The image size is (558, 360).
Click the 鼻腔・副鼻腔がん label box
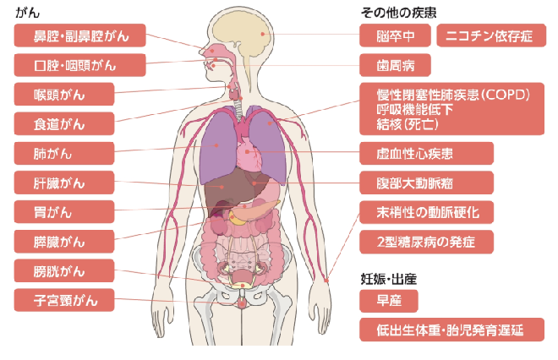(x=80, y=35)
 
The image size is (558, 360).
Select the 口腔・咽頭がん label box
(x=80, y=65)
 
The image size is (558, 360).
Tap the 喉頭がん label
(x=64, y=95)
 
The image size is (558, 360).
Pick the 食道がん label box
(x=64, y=123)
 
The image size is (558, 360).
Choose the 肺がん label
(x=64, y=153)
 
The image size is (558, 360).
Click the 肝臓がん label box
(x=64, y=183)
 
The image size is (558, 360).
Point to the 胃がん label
(x=64, y=212)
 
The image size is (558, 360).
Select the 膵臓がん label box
(x=64, y=242)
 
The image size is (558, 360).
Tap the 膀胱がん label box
(x=64, y=270)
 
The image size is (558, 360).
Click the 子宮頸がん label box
(x=64, y=300)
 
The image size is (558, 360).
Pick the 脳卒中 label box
(x=395, y=35)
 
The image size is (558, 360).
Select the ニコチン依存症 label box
(x=491, y=35)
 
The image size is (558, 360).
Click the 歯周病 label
(x=395, y=65)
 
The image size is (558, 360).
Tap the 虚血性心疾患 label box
(x=426, y=153)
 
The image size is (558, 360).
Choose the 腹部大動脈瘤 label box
(x=426, y=183)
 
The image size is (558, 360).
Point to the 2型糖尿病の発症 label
(x=426, y=242)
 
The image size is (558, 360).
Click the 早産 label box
(x=389, y=301)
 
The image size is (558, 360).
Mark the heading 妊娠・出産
(x=389, y=279)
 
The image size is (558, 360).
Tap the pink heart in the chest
(x=249, y=154)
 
